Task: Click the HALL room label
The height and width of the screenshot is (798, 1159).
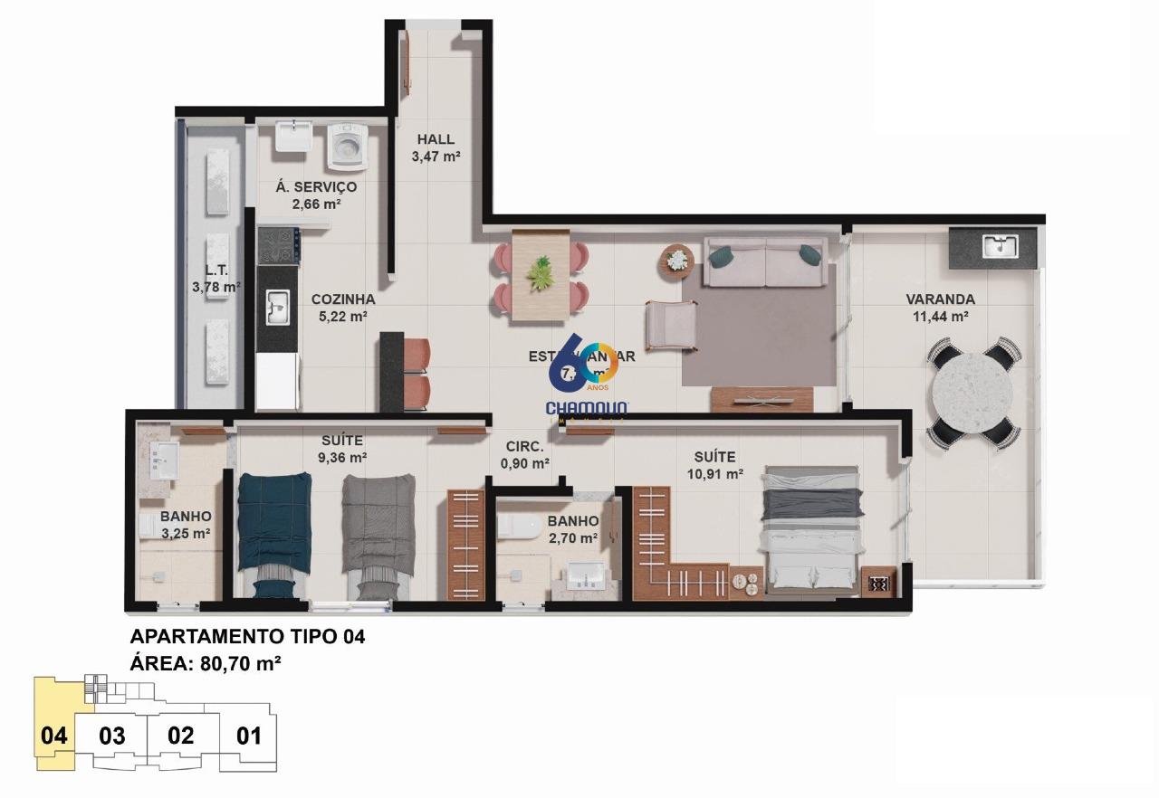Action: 436,139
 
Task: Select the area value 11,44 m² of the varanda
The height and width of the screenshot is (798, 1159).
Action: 941,317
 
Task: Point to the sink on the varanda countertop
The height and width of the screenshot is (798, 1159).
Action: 1000,245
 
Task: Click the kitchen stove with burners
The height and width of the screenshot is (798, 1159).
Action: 278,244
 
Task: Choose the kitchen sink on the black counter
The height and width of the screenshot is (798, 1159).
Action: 277,307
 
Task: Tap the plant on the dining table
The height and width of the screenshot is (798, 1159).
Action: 541,272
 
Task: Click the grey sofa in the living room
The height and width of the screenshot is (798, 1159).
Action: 766,262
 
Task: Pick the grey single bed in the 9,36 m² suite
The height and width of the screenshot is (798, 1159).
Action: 378,534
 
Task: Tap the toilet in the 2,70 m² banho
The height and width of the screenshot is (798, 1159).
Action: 518,527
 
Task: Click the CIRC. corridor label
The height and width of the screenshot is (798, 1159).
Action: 525,447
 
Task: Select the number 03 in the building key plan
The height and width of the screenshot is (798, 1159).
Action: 111,736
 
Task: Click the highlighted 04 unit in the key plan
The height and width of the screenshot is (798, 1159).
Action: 54,735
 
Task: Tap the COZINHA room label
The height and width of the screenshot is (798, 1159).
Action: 342,299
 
